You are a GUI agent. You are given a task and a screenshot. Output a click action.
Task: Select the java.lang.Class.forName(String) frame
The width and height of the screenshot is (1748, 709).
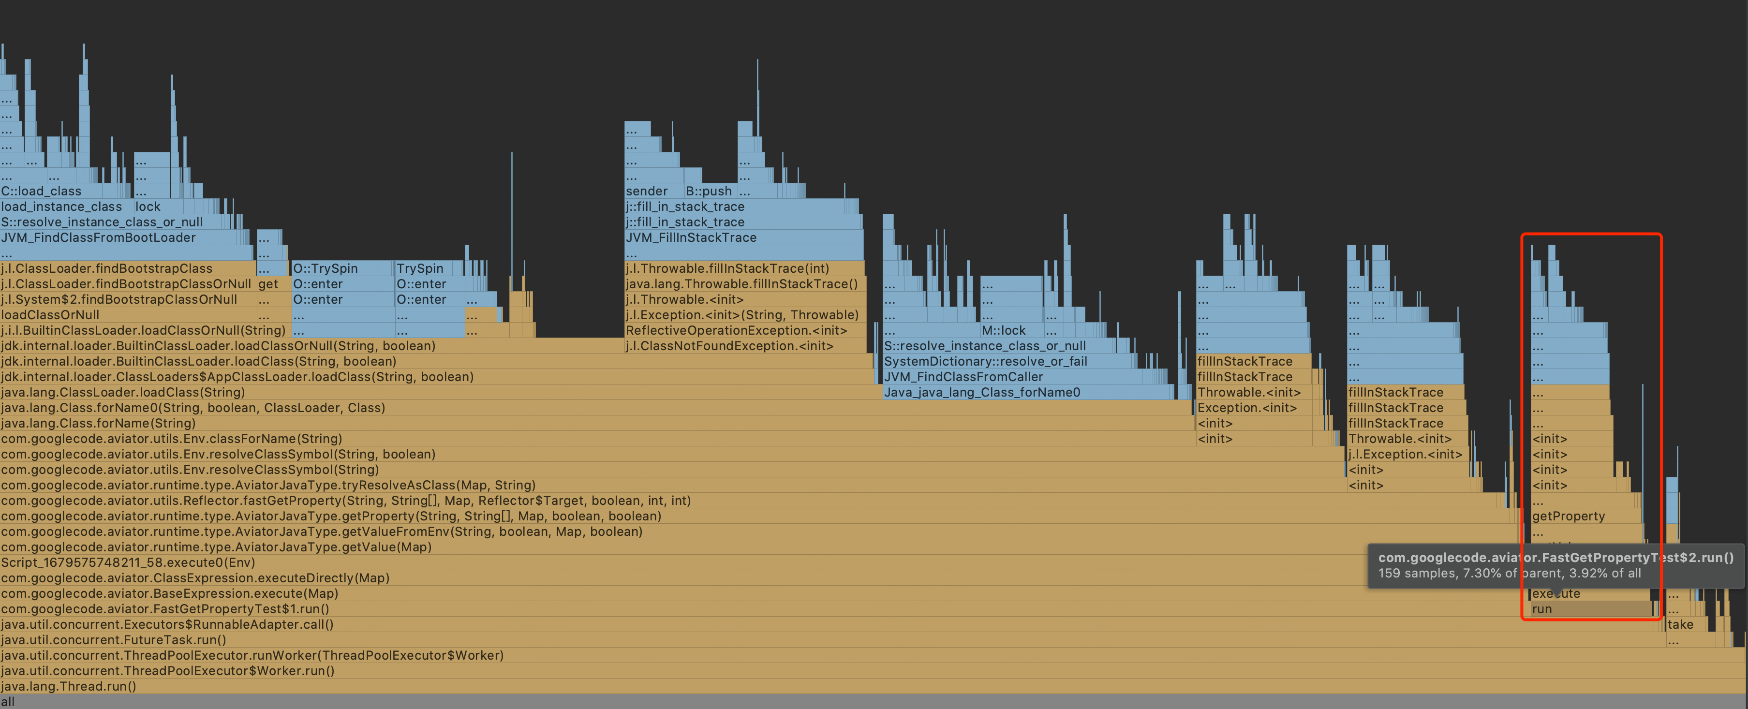[98, 423]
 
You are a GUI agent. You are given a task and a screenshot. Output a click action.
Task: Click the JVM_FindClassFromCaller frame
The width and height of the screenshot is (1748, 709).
[963, 377]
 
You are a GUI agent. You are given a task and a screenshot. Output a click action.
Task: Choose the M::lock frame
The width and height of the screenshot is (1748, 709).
[1004, 330]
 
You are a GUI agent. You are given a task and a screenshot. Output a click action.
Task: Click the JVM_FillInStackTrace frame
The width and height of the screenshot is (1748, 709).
[691, 237]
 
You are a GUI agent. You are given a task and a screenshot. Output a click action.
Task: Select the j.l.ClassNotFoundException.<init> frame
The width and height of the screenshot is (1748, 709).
[729, 346]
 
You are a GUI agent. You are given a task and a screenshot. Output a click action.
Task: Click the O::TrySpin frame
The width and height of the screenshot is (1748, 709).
[325, 268]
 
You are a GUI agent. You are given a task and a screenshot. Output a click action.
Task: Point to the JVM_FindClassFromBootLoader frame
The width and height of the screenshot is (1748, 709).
[98, 237]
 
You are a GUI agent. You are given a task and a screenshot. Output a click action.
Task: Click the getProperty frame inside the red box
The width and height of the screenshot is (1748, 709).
[1568, 516]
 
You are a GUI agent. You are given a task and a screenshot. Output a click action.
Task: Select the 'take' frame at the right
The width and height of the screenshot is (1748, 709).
[1680, 624]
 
